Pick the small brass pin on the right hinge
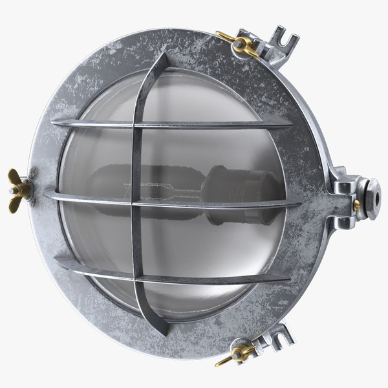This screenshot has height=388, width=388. (356, 205)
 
